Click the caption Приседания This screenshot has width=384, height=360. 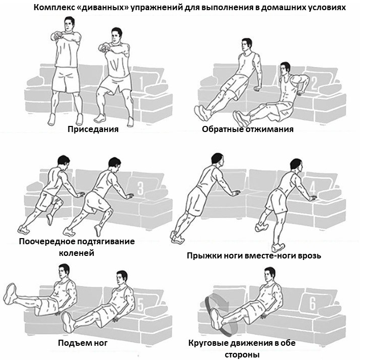93,129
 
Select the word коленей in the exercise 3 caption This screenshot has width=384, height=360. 76,252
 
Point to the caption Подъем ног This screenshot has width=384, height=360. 82,343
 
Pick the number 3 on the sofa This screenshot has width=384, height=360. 141,189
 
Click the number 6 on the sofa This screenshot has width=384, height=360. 312,303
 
